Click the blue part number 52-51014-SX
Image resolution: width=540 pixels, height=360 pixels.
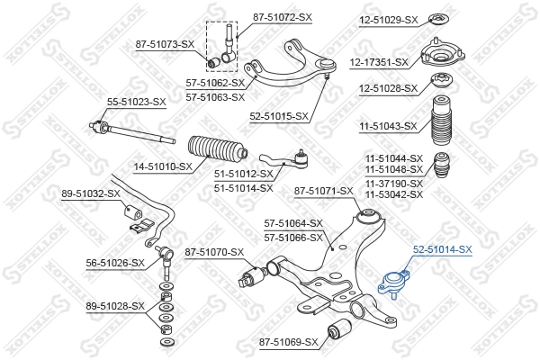[442, 249]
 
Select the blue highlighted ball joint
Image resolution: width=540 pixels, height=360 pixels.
[394, 283]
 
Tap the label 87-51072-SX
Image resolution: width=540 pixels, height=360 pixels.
[283, 17]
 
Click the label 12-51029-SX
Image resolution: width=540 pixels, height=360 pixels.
[389, 21]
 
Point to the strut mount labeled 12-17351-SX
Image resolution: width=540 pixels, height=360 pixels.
[443, 55]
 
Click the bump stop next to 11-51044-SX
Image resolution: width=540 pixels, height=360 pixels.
[442, 165]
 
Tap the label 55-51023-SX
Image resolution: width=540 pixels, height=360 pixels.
[137, 102]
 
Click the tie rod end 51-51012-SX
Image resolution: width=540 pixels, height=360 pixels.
[283, 160]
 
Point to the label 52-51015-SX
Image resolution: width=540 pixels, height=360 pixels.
[279, 117]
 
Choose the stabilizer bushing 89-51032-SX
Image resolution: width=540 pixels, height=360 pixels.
[133, 211]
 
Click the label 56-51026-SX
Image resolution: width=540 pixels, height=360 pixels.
[115, 263]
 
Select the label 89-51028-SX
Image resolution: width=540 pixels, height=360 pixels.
[115, 306]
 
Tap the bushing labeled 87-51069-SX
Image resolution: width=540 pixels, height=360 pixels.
[339, 328]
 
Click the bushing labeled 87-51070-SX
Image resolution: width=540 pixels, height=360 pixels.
[252, 276]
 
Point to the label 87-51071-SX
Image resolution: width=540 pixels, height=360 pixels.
[324, 191]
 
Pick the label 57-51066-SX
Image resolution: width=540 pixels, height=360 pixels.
[293, 238]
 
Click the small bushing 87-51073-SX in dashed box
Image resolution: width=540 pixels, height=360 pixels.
[214, 63]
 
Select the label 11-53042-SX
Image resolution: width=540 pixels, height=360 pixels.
[394, 194]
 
